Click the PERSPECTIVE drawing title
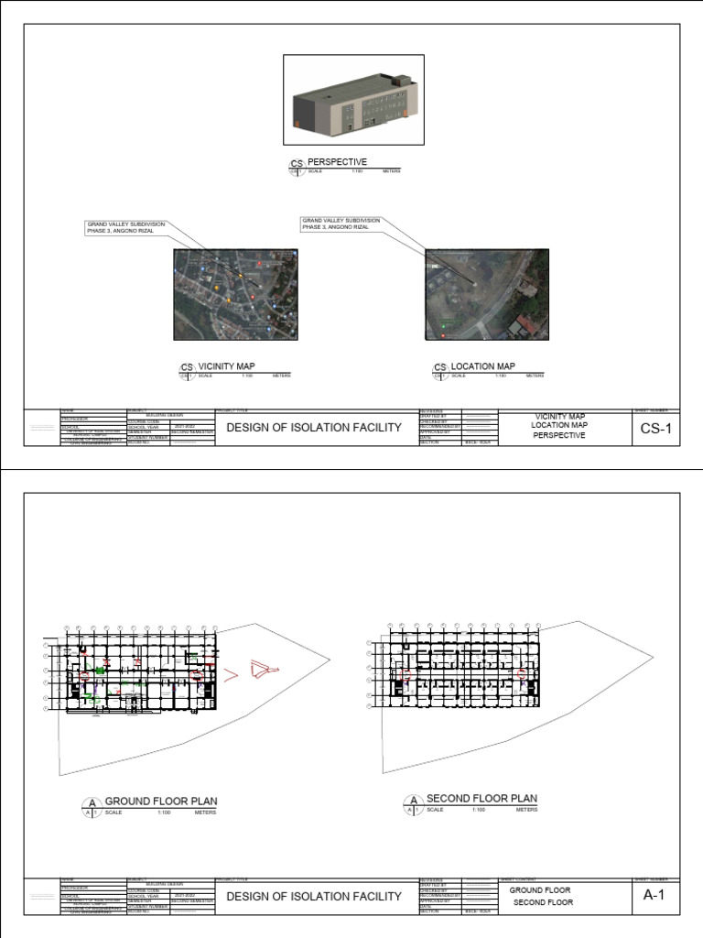point(337,162)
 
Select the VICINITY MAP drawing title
point(226,366)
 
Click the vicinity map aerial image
point(235,295)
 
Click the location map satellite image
point(486,295)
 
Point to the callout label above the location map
point(341,224)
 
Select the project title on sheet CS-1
point(314,428)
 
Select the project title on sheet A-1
point(314,897)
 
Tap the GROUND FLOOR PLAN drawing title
point(161,801)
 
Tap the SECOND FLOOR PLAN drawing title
point(481,799)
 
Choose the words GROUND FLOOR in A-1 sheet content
point(540,890)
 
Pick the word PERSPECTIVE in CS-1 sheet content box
point(558,436)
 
